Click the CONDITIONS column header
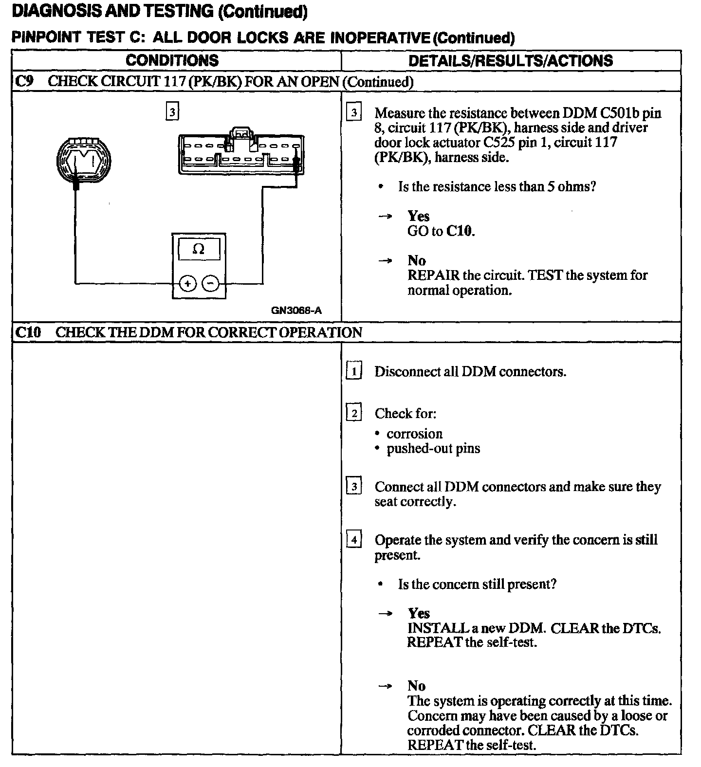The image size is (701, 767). tap(172, 61)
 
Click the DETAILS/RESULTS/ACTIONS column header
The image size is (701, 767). tap(510, 61)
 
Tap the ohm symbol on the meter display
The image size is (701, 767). tap(199, 250)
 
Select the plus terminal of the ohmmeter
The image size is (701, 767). tap(188, 283)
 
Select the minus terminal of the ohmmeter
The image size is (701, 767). tap(210, 283)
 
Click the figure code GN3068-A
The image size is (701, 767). tap(296, 310)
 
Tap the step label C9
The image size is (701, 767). tap(24, 81)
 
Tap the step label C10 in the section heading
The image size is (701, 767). tap(28, 332)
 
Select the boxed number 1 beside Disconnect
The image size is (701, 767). tap(354, 372)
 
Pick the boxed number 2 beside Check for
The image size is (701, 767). tap(354, 414)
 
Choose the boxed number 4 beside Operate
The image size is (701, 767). tap(354, 540)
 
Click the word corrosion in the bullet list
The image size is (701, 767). tap(414, 434)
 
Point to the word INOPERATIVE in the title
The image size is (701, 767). tap(380, 38)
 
